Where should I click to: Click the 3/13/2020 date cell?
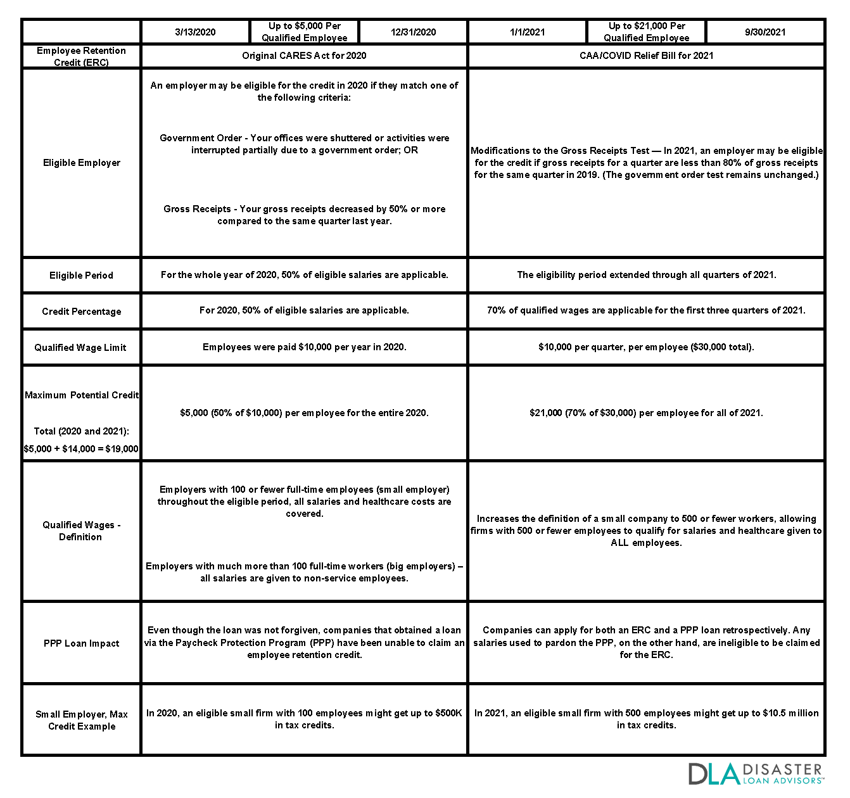[x=195, y=32]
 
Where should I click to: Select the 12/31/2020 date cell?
[x=413, y=32]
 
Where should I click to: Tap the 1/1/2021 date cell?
[x=527, y=32]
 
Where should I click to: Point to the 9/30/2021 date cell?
[x=765, y=32]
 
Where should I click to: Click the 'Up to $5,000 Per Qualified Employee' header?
[x=305, y=32]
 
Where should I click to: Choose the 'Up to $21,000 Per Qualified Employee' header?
[x=647, y=32]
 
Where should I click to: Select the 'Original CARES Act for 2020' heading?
[x=304, y=56]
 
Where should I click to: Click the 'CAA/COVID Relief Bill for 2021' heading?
[x=646, y=56]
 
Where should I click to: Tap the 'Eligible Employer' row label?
[x=82, y=163]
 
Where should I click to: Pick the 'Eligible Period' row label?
[x=81, y=275]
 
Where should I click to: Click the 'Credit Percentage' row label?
[x=82, y=312]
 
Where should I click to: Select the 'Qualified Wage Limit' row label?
[x=80, y=348]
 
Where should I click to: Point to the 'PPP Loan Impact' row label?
[x=81, y=643]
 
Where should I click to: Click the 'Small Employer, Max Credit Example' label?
[x=82, y=720]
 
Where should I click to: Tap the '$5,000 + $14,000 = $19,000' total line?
[x=81, y=449]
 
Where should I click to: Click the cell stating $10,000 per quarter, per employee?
[x=646, y=347]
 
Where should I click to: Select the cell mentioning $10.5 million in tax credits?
[x=646, y=719]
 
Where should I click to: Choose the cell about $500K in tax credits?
[x=304, y=719]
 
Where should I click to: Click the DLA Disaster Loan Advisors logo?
[x=755, y=774]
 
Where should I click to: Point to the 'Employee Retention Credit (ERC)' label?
[x=81, y=56]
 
